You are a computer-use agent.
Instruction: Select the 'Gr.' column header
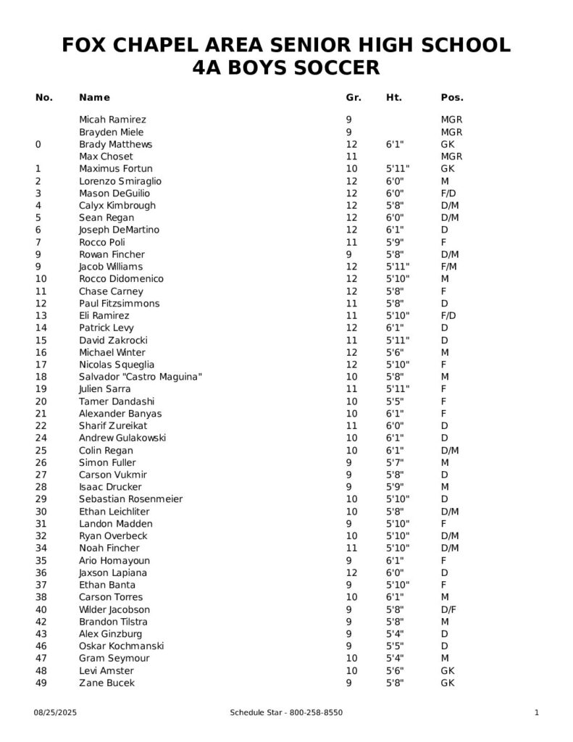pos(354,97)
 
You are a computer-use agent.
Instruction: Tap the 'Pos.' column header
pos(452,97)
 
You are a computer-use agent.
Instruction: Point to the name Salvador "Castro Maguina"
pos(140,377)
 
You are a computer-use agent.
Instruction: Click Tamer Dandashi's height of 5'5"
pos(395,401)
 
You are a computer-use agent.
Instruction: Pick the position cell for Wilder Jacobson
pos(448,609)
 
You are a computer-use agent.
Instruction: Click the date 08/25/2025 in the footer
pos(55,713)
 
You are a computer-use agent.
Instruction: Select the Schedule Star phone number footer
pos(286,713)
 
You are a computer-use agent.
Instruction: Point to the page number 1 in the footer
pos(537,713)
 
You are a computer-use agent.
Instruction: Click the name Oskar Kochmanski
pos(121,646)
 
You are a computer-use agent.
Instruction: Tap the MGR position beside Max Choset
pos(451,157)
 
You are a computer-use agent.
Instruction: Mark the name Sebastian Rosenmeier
pos(130,499)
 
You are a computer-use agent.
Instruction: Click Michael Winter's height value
pos(395,352)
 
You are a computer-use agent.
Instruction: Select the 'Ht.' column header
pos(394,97)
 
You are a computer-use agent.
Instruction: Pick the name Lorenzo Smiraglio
pos(120,181)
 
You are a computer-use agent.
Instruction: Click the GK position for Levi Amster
pos(448,670)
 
